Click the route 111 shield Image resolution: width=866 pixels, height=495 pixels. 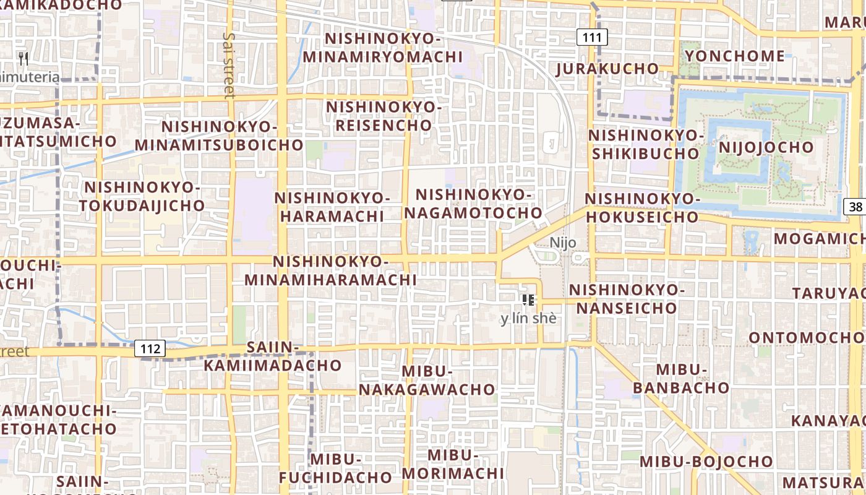click(x=591, y=37)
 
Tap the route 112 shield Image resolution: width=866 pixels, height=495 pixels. click(x=150, y=349)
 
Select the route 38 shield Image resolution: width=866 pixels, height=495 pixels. click(x=855, y=207)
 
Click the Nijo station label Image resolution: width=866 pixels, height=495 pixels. click(x=563, y=243)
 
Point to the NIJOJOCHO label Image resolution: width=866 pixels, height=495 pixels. click(x=766, y=147)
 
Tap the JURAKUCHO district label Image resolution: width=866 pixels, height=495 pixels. click(x=607, y=68)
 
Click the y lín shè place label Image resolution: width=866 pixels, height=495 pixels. click(x=528, y=319)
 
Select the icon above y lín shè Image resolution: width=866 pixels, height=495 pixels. click(x=528, y=300)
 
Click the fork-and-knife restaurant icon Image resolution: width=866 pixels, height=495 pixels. click(x=24, y=59)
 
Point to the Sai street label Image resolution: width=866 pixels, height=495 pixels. click(x=229, y=65)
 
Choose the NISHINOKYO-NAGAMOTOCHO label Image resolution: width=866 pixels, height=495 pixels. click(x=473, y=204)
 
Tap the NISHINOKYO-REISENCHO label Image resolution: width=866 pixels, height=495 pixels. click(x=384, y=116)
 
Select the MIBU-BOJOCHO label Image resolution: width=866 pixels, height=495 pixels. click(x=706, y=462)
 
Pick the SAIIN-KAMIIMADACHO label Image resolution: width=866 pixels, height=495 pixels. click(x=273, y=356)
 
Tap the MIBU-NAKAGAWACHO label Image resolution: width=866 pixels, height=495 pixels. click(x=427, y=381)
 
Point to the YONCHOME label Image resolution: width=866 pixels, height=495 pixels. click(x=735, y=56)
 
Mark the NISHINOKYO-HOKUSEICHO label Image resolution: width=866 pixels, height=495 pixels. click(x=642, y=208)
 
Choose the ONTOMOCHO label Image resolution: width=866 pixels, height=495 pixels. click(x=806, y=338)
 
